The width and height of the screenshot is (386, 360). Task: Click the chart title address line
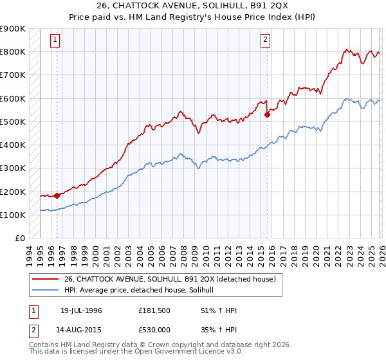(193, 6)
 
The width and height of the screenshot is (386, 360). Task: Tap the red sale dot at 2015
(267, 115)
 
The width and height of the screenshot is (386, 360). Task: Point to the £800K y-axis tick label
(13, 52)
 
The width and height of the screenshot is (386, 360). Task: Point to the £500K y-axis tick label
(13, 122)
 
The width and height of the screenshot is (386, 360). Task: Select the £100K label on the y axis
(13, 215)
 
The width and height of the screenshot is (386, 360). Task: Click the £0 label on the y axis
(19, 239)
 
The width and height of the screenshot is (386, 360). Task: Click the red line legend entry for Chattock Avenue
(170, 279)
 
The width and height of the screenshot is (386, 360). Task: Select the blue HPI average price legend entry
(143, 291)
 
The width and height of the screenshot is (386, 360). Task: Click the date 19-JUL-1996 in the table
(81, 311)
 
